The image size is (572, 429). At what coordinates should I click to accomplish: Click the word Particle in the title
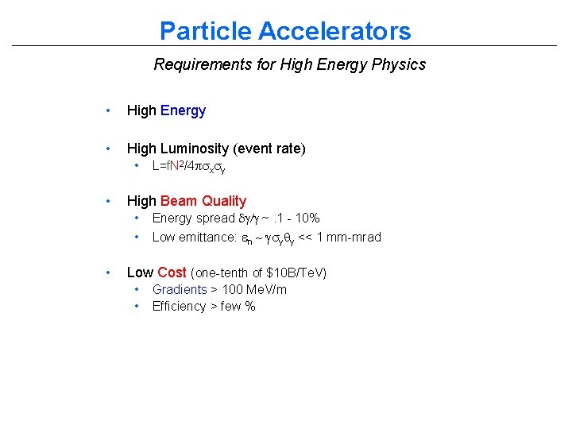[205, 31]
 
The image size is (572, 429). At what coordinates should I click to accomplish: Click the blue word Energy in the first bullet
[183, 110]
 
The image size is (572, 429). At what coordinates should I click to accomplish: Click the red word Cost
[172, 272]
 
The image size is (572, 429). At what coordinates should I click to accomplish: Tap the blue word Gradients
[180, 289]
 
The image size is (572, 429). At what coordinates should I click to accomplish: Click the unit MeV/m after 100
[266, 289]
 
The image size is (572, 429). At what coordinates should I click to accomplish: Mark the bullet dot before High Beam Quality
[108, 201]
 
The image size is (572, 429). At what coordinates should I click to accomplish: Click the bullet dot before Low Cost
[108, 272]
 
